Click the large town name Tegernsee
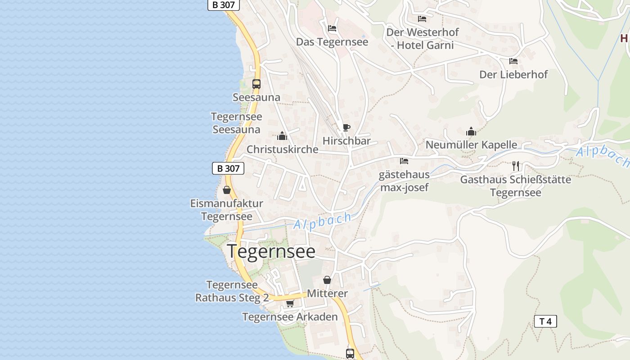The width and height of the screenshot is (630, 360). (271, 252)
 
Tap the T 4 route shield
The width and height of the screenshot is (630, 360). (545, 321)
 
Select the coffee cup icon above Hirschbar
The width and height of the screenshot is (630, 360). (346, 128)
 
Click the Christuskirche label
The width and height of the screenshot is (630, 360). (282, 149)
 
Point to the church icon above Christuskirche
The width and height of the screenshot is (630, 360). (282, 136)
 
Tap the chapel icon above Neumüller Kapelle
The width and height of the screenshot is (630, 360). (471, 131)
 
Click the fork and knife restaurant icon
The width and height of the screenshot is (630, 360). (516, 166)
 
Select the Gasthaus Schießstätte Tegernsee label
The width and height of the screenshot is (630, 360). (515, 186)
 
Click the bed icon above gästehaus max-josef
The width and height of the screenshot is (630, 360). (404, 161)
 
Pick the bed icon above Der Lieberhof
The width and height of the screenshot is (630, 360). (513, 61)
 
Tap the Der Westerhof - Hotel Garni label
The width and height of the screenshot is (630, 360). (422, 39)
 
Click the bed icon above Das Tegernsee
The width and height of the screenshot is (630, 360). (332, 28)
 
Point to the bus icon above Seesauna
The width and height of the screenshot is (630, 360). (256, 84)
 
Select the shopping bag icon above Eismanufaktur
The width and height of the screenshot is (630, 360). (227, 190)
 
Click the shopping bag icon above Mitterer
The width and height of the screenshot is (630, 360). (327, 280)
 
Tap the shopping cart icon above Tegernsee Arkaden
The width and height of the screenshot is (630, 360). (290, 304)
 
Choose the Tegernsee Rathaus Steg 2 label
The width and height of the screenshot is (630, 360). (232, 291)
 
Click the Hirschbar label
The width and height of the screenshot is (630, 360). (346, 141)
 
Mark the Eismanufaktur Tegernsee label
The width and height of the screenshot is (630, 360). (226, 210)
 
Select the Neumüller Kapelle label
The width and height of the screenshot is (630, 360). (471, 145)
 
